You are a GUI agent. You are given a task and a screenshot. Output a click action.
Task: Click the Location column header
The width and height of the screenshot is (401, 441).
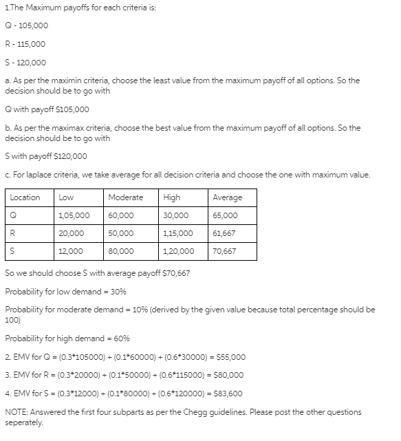tap(25, 197)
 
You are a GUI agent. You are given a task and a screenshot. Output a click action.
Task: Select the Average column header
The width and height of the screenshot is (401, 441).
tap(227, 197)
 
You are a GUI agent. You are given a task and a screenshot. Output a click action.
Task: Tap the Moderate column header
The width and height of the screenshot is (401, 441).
tap(125, 197)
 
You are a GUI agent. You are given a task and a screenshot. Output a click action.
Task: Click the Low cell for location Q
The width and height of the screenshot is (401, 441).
tap(72, 215)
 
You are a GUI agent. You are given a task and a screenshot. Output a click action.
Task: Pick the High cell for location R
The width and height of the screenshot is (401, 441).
tap(177, 233)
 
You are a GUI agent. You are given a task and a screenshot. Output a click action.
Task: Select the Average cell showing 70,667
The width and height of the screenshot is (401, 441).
tap(224, 251)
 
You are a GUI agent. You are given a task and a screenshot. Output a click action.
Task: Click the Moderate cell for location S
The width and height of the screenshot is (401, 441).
tap(121, 251)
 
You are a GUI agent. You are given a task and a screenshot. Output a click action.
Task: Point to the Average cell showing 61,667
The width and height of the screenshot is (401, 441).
tap(224, 233)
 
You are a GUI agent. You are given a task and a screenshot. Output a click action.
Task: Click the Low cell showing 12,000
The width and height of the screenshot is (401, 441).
tap(72, 251)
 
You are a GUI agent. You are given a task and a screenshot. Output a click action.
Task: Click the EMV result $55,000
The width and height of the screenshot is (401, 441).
tap(230, 357)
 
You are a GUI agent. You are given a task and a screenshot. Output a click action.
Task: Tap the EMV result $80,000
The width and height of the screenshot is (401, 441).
tap(230, 376)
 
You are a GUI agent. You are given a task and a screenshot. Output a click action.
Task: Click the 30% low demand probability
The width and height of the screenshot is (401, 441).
tap(118, 291)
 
